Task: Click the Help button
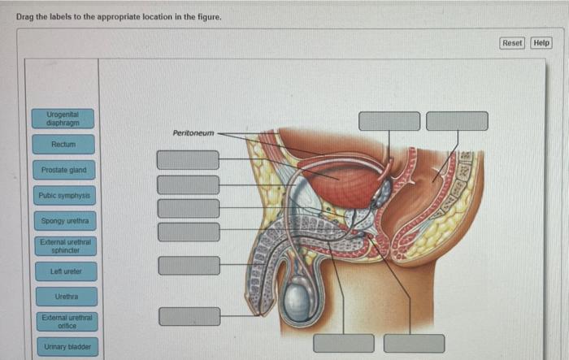(x=541, y=42)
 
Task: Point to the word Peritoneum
(x=193, y=132)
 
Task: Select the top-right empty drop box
(x=457, y=121)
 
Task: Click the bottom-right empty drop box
(x=415, y=343)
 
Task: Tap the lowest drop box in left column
(x=189, y=316)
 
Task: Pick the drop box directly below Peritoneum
(x=189, y=159)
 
